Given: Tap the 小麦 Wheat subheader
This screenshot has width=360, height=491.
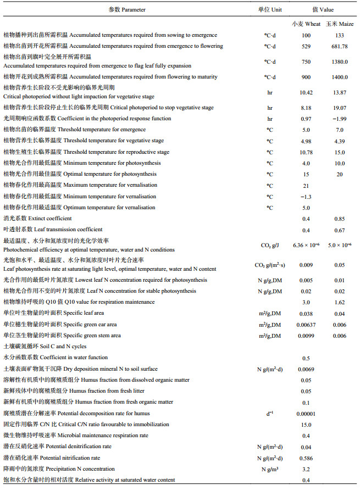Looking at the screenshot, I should coord(306,24).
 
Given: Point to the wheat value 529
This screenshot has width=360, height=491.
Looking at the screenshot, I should coord(306,46).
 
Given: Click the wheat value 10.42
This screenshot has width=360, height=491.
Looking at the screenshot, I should coord(306,92).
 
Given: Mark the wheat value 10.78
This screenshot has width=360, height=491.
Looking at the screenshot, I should coord(306,152).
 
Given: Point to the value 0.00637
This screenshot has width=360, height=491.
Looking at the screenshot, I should coord(306,325).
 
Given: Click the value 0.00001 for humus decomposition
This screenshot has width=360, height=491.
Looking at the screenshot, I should coord(306,413).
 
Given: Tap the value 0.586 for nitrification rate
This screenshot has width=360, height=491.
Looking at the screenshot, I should coord(306,457).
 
